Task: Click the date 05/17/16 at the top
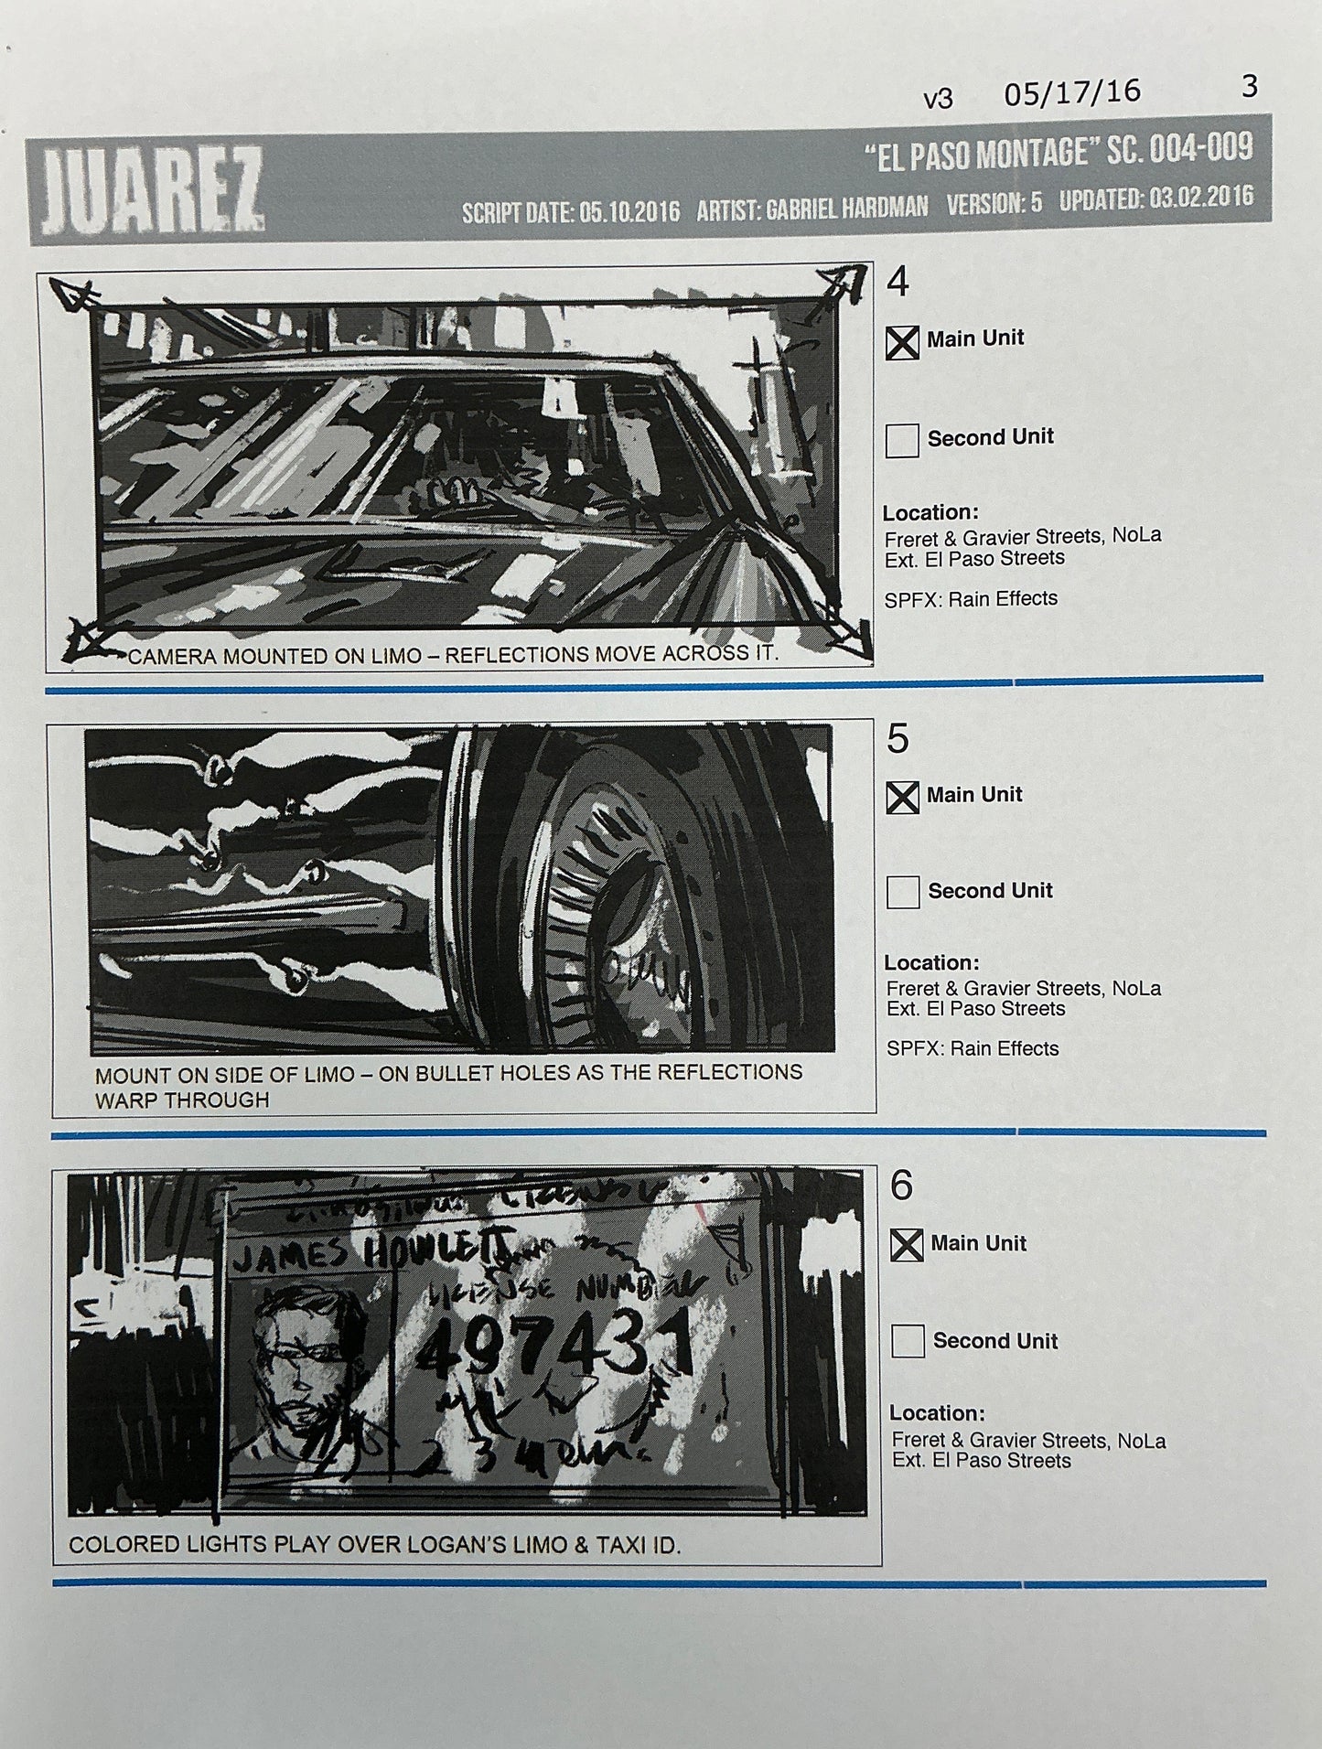pyautogui.click(x=1072, y=92)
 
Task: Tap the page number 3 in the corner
pyautogui.click(x=1250, y=87)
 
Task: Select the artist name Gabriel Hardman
pyautogui.click(x=845, y=208)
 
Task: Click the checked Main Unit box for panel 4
pyautogui.click(x=902, y=343)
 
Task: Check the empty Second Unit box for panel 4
pyautogui.click(x=902, y=440)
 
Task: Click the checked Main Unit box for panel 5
pyautogui.click(x=902, y=798)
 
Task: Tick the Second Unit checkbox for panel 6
pyautogui.click(x=908, y=1341)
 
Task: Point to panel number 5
pyautogui.click(x=897, y=738)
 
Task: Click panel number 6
pyautogui.click(x=901, y=1186)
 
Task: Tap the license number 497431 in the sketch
pyautogui.click(x=560, y=1348)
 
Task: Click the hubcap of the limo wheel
pyautogui.click(x=640, y=896)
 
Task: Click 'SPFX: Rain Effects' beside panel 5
pyautogui.click(x=972, y=1048)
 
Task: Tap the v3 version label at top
pyautogui.click(x=938, y=99)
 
